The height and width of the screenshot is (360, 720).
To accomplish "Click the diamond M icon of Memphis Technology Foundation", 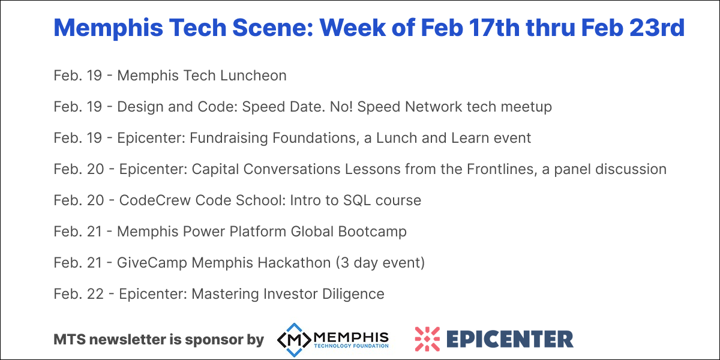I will click(x=293, y=339).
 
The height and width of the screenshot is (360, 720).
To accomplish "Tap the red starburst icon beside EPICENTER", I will click(x=427, y=339).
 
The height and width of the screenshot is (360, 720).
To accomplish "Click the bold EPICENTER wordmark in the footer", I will click(x=509, y=339).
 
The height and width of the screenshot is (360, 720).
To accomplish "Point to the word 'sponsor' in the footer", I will click(x=211, y=340).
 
